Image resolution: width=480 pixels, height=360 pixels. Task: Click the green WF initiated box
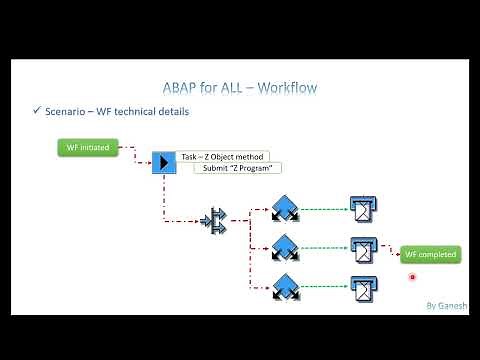click(x=87, y=148)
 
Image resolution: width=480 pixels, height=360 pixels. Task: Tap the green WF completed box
click(x=430, y=254)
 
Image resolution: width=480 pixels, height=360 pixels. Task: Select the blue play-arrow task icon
click(x=163, y=162)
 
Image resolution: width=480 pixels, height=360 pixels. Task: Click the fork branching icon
click(x=216, y=220)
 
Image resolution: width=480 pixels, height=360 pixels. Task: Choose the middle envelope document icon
click(x=363, y=247)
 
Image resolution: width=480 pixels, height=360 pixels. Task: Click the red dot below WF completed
click(x=412, y=277)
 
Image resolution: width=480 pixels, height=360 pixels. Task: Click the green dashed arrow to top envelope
click(x=325, y=210)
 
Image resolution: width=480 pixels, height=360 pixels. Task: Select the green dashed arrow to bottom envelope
click(x=325, y=287)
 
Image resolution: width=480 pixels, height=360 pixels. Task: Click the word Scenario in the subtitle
click(x=70, y=111)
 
